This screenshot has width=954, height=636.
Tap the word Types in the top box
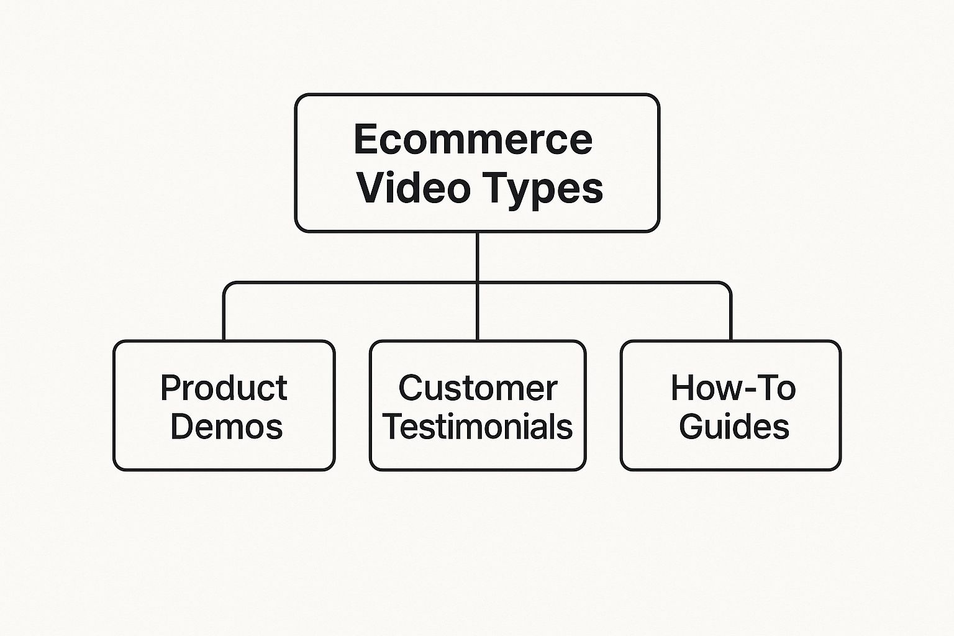[542, 189]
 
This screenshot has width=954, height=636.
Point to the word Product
[224, 388]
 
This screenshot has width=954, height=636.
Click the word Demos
[226, 427]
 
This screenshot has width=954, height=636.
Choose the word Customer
[477, 388]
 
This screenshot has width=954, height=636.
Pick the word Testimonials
[477, 427]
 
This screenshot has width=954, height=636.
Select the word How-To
[733, 388]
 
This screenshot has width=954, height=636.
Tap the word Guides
[734, 427]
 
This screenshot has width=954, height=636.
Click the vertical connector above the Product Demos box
[224, 317]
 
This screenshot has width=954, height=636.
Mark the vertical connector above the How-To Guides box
[730, 317]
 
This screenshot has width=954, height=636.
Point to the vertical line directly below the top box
[477, 256]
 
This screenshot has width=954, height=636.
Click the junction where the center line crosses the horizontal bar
[477, 283]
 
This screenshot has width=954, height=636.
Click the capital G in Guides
[691, 427]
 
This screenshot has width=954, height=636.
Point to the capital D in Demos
[182, 427]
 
